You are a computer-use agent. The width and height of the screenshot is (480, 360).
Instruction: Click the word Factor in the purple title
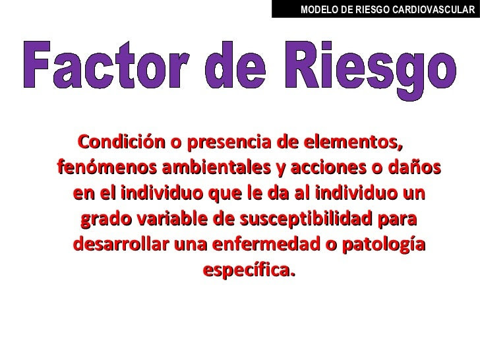coord(104,65)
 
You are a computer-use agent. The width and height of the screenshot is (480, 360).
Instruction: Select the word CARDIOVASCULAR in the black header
coord(433,9)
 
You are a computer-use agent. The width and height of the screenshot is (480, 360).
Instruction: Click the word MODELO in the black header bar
coord(319,9)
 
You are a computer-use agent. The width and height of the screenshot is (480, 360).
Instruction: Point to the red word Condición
coord(121,142)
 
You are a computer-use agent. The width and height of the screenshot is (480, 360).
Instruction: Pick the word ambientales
coord(216,167)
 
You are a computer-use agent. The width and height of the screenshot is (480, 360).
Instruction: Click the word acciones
coord(328,168)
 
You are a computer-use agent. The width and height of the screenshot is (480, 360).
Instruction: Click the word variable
coord(172,219)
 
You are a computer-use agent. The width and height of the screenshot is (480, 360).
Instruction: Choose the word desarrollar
coord(121,244)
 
